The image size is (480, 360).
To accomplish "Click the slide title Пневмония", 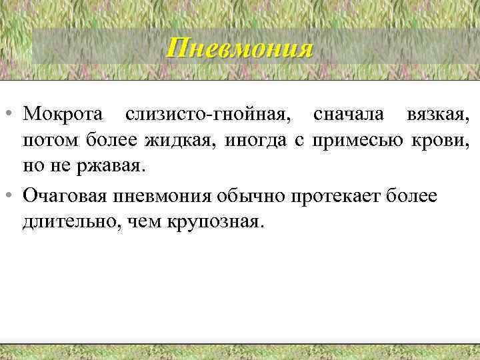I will point(239,49).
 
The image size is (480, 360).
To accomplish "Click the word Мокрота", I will point(65,115).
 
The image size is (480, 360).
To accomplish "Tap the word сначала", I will point(348,115).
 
